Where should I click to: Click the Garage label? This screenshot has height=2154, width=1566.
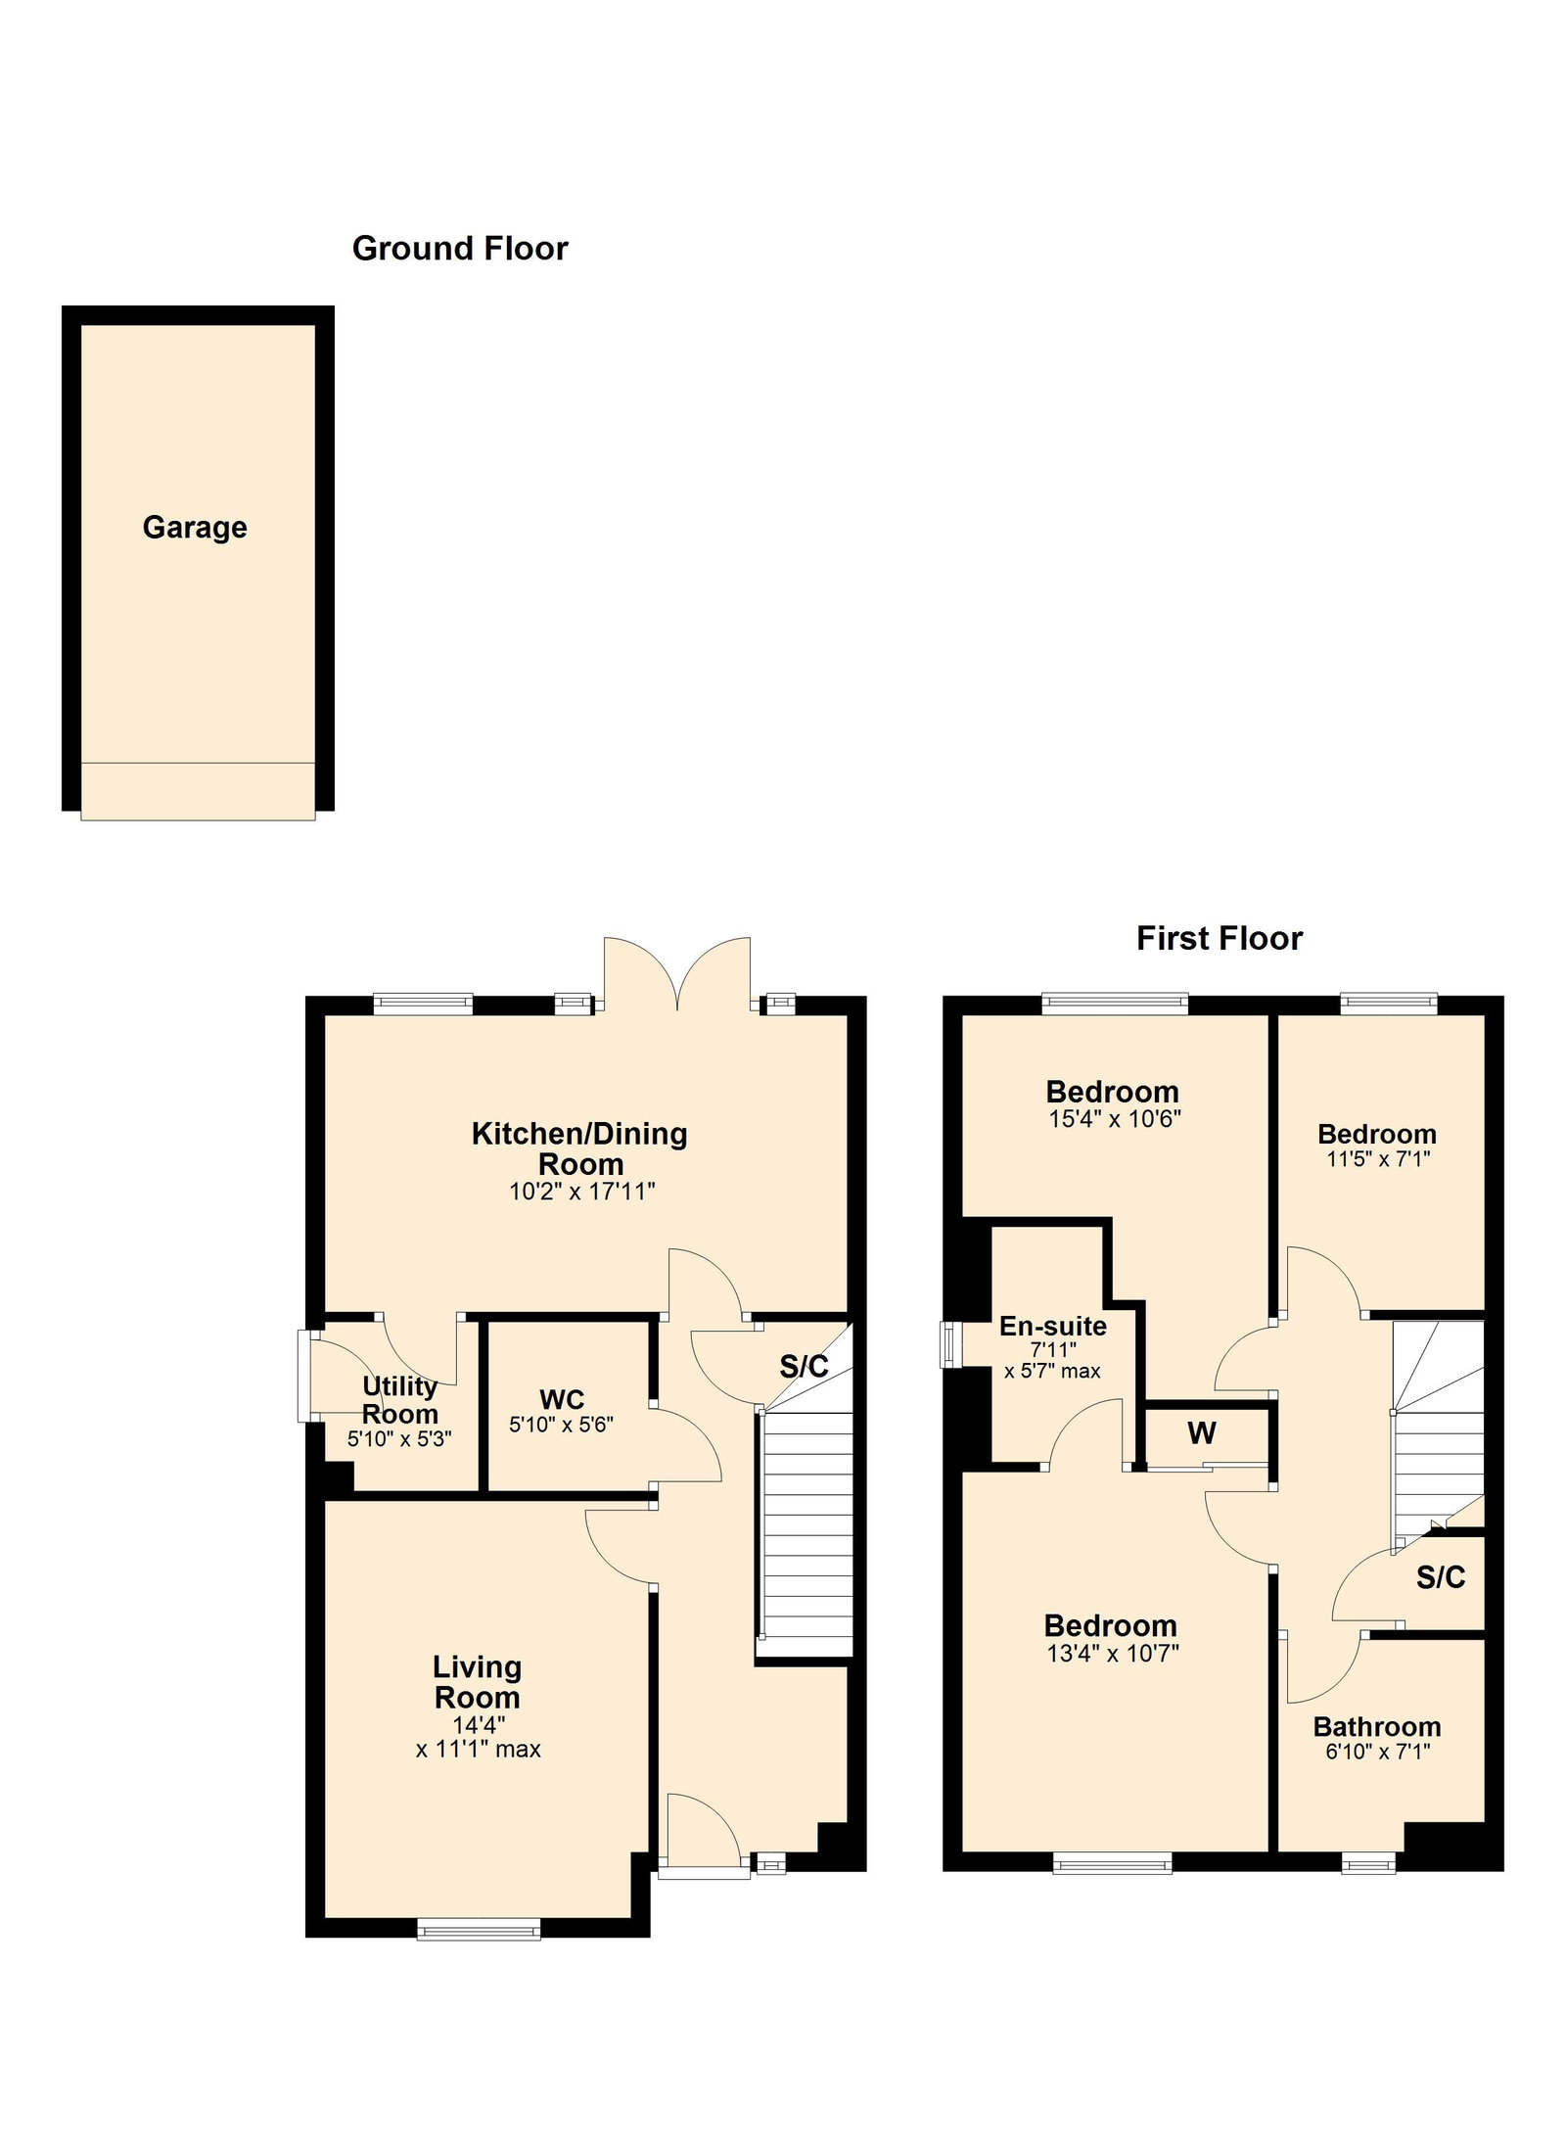tap(195, 528)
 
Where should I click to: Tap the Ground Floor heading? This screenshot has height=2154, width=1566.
tap(460, 249)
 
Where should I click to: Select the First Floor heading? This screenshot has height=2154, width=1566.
tap(1220, 939)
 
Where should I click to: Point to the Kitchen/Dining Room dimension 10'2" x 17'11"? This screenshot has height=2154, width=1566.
tap(581, 1192)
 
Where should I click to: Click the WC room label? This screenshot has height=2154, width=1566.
tap(562, 1400)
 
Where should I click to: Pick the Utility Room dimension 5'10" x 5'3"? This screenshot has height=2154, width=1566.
tap(399, 1439)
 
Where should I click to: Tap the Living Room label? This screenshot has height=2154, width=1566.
tap(478, 1681)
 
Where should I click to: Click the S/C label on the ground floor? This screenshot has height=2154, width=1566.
tap(805, 1367)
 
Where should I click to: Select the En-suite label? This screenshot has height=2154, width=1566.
tap(1053, 1327)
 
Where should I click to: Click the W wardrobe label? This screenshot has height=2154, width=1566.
tap(1202, 1433)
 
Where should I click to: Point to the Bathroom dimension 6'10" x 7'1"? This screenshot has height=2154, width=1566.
tap(1378, 1752)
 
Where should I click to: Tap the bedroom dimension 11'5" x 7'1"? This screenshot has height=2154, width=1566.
tap(1378, 1159)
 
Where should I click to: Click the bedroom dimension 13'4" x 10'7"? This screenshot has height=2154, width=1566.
tap(1113, 1654)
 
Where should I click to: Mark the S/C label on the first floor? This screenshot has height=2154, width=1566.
tap(1441, 1577)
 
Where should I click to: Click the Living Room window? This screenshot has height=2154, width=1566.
tap(479, 1929)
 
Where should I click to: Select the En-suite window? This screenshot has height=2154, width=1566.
tap(949, 1345)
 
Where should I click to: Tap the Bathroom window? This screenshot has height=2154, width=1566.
tap(1368, 1863)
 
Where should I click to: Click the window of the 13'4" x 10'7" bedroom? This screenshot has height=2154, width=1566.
tap(1112, 1863)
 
